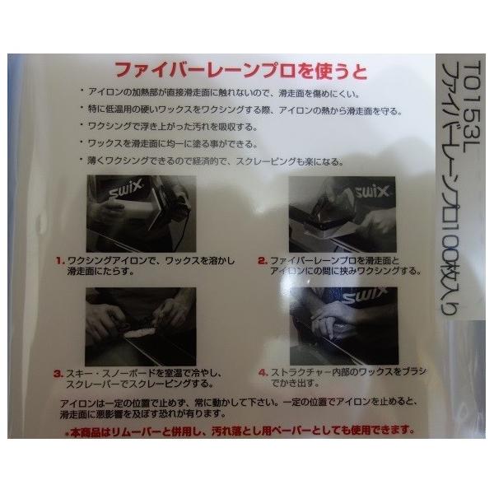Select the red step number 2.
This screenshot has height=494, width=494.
pos(260,260)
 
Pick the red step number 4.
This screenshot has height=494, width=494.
pos(260,372)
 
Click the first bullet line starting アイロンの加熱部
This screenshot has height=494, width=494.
pos(222,89)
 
